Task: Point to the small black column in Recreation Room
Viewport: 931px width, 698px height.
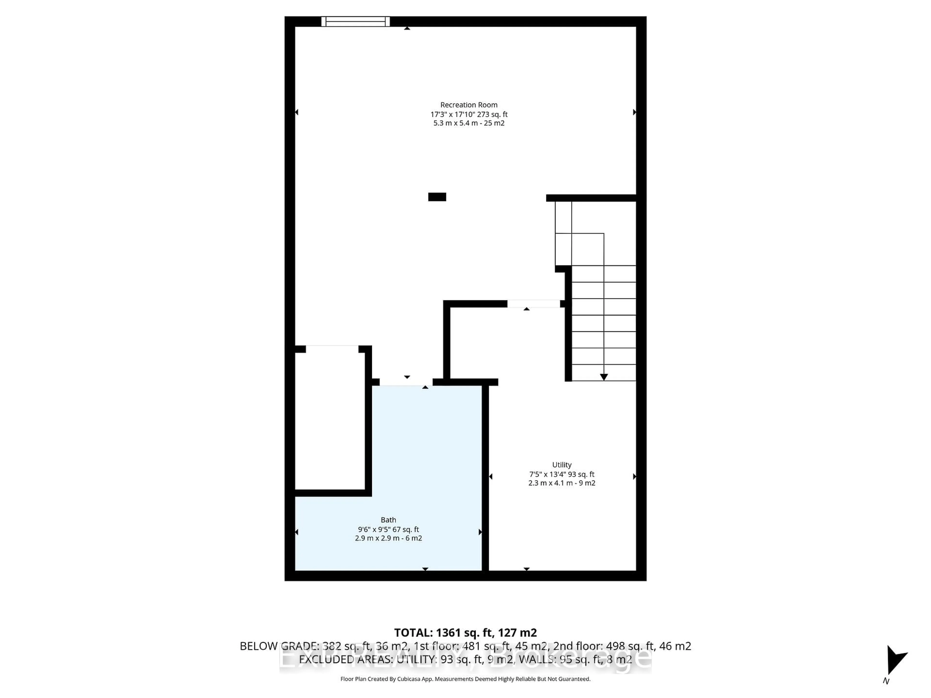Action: coord(437,197)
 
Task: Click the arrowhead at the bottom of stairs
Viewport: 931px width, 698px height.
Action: coord(603,377)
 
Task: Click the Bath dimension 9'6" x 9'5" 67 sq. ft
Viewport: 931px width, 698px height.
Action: coord(388,529)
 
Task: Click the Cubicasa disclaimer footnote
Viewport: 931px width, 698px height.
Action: coord(465,679)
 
